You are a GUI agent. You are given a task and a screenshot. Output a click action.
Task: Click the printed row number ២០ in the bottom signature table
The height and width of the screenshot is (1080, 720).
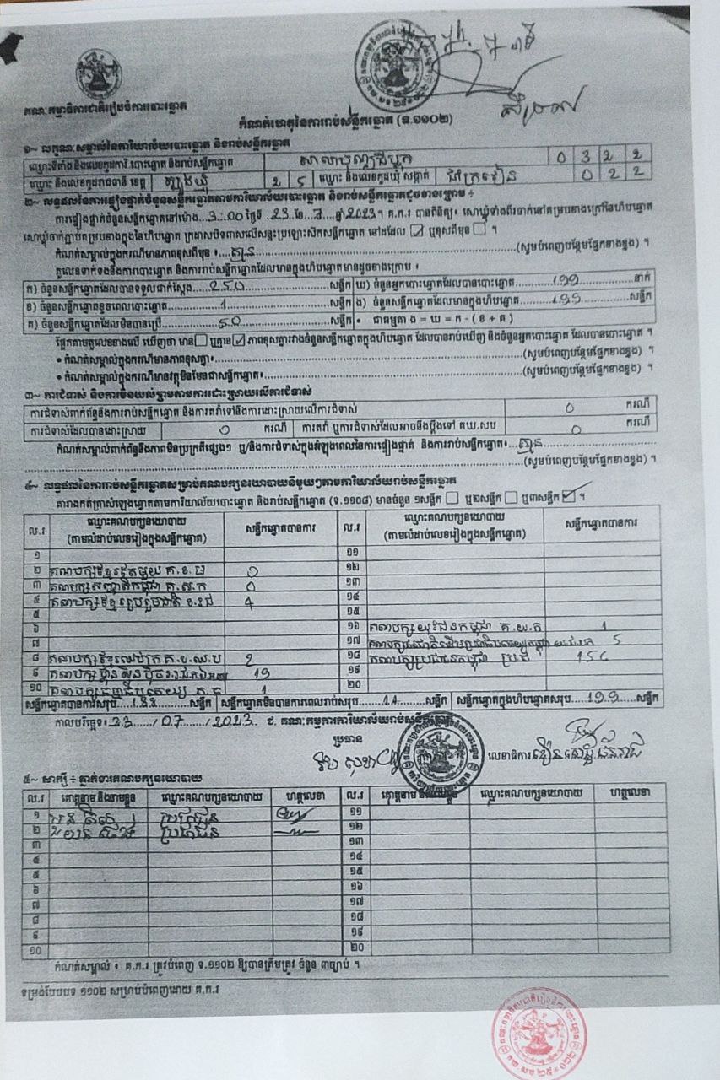[351, 949]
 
